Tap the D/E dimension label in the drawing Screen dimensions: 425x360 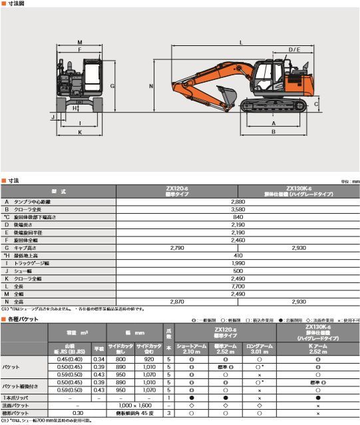(x=293, y=50)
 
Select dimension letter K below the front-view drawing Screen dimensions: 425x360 (x=80, y=132)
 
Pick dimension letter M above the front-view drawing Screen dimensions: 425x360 (x=80, y=41)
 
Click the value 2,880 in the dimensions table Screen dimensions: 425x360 (x=238, y=201)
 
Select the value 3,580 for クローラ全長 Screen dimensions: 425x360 (x=238, y=209)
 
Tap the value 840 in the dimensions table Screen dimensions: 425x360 (x=238, y=217)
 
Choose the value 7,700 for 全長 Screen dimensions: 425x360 (x=238, y=286)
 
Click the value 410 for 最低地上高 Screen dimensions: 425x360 (x=238, y=255)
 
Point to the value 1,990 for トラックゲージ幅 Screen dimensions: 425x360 (x=238, y=263)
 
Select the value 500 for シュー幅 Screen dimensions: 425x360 (x=238, y=271)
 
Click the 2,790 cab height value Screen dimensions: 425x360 (x=176, y=248)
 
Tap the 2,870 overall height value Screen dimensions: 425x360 (x=176, y=301)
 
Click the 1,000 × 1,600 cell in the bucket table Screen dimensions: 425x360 (x=135, y=405)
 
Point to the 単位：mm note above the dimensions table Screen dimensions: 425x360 (x=349, y=181)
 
